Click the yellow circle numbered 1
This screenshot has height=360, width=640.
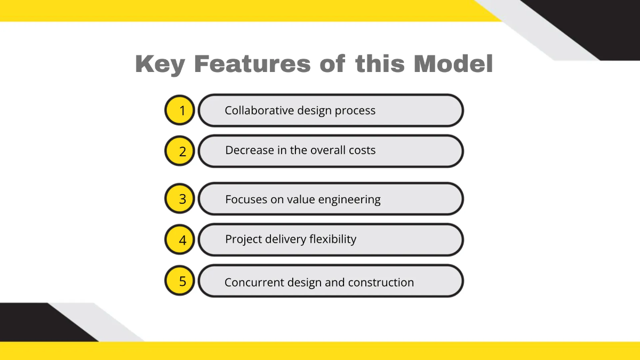(180, 110)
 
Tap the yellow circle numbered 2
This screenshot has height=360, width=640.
(180, 151)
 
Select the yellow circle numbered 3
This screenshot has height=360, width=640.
(180, 199)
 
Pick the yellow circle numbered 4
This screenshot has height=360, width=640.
(180, 239)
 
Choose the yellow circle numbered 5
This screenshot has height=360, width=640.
(180, 281)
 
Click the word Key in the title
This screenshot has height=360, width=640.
(160, 65)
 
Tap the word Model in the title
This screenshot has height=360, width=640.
(453, 65)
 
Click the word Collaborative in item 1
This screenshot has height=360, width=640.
(251, 110)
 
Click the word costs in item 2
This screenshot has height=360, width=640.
(362, 150)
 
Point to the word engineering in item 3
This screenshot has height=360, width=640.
(349, 200)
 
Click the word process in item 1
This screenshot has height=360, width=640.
(355, 111)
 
